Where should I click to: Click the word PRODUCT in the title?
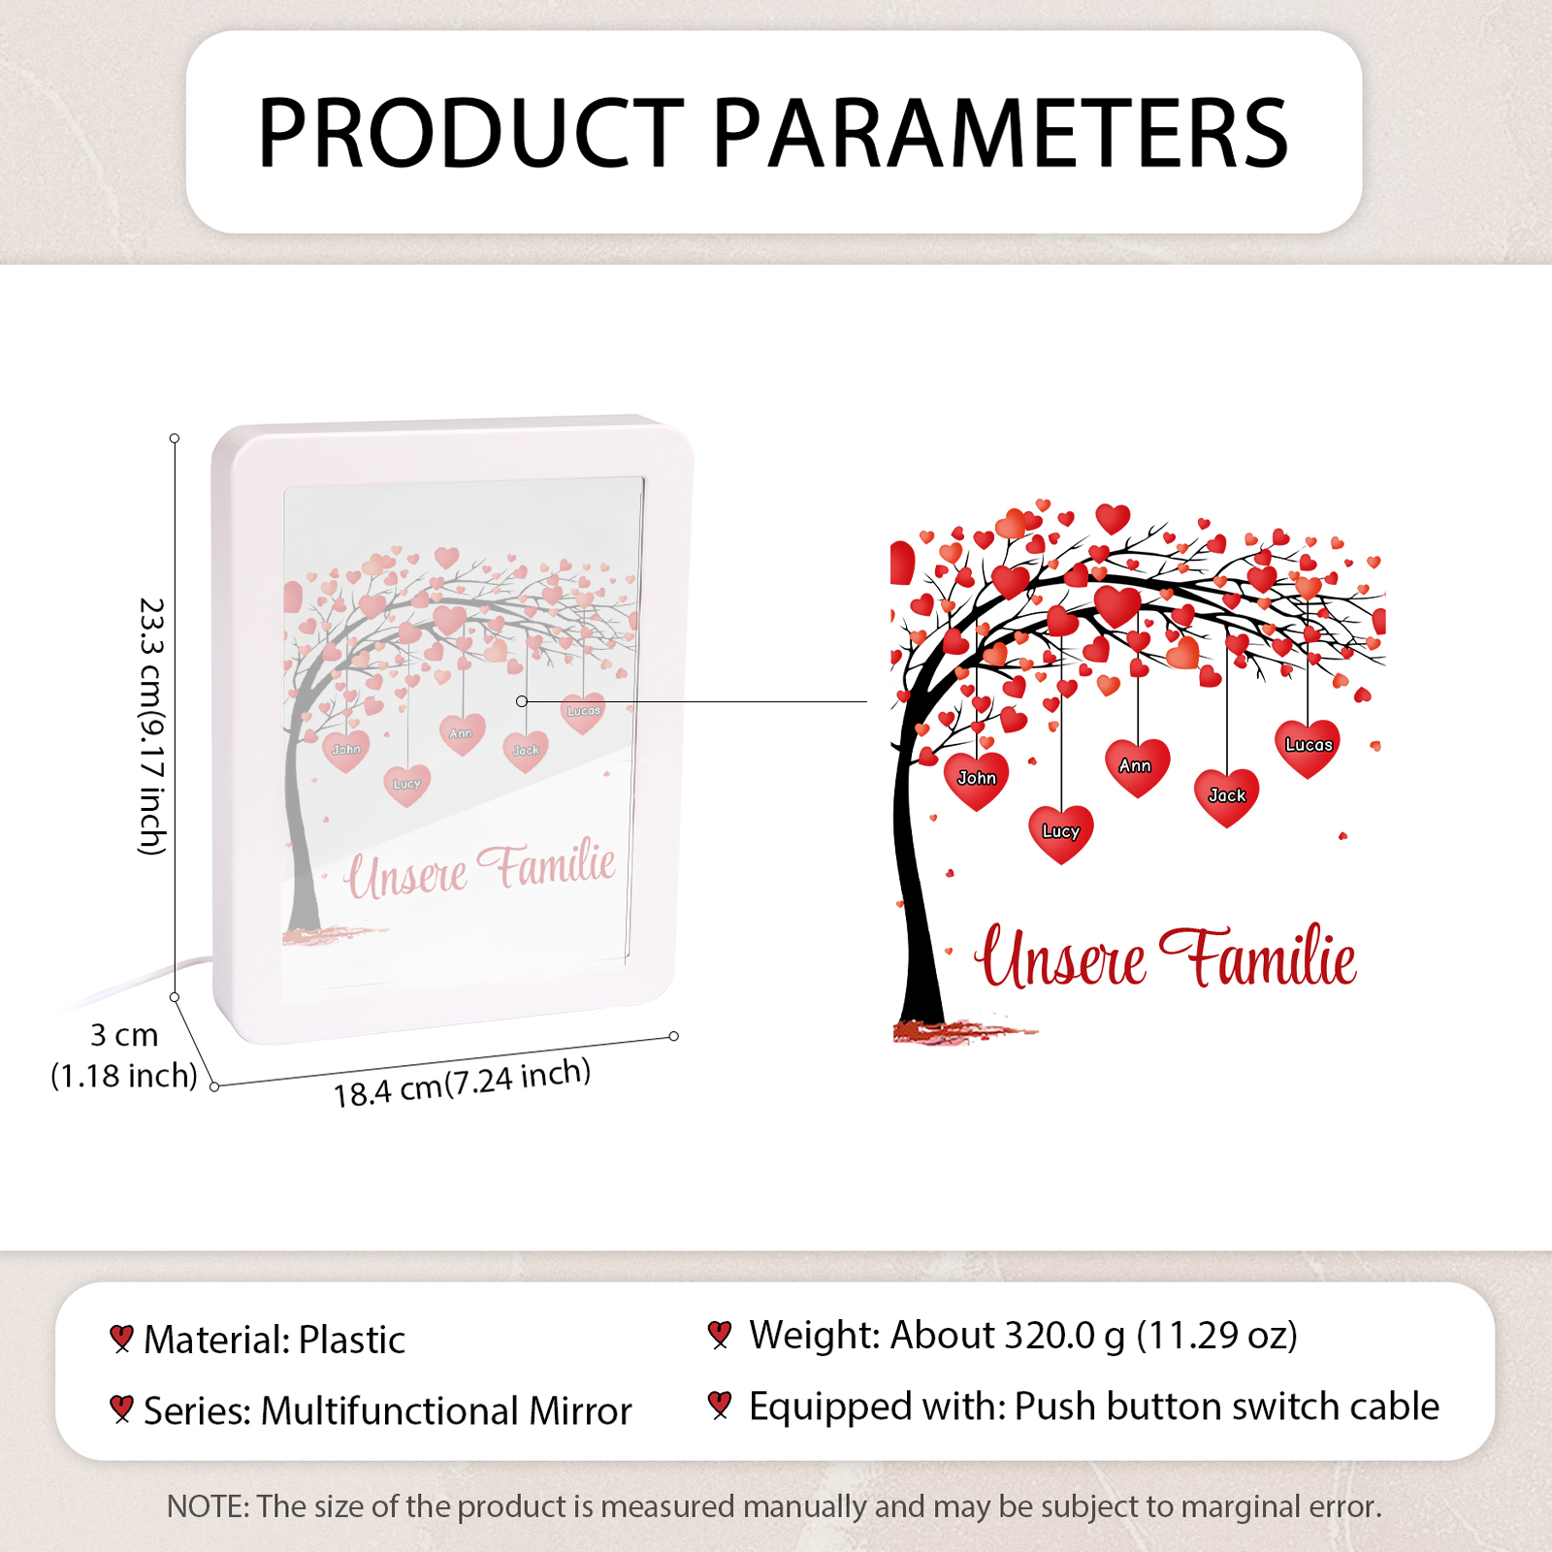pyautogui.click(x=471, y=133)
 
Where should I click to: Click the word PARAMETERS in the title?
pyautogui.click(x=1001, y=133)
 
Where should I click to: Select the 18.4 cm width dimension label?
pyautogui.click(x=462, y=1083)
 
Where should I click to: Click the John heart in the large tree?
pyautogui.click(x=977, y=780)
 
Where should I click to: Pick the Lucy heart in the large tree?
pyautogui.click(x=1061, y=833)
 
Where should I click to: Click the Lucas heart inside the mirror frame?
pyautogui.click(x=583, y=713)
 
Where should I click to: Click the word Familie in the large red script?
pyautogui.click(x=1259, y=956)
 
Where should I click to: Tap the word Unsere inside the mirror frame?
pyautogui.click(x=407, y=874)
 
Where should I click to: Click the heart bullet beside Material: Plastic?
pyautogui.click(x=121, y=1340)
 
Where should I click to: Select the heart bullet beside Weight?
pyautogui.click(x=719, y=1335)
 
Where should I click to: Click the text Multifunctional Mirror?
pyautogui.click(x=446, y=1410)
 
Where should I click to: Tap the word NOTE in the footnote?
pyautogui.click(x=208, y=1506)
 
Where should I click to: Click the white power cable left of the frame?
pyautogui.click(x=145, y=982)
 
